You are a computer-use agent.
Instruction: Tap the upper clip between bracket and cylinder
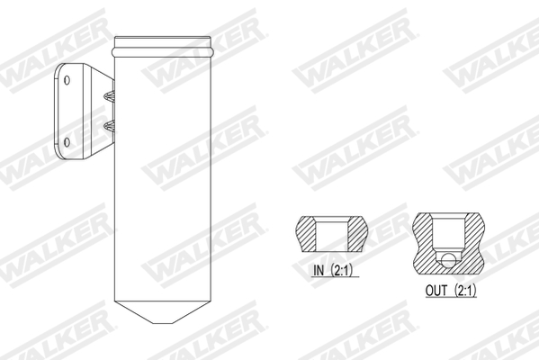coord(110,95)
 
